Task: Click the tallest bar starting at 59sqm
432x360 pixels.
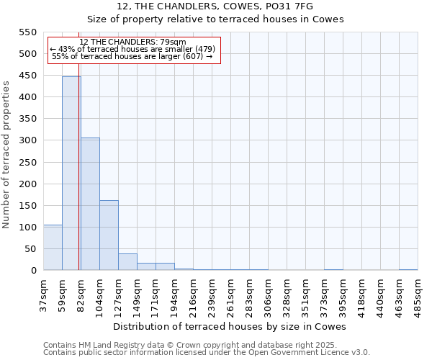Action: pyautogui.click(x=71, y=173)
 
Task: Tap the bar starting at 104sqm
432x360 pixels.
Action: pyautogui.click(x=109, y=235)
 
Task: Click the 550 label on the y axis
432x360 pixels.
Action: pyautogui.click(x=28, y=32)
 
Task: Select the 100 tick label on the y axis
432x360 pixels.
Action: pyautogui.click(x=28, y=228)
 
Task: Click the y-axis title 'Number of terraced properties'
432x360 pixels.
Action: pyautogui.click(x=7, y=154)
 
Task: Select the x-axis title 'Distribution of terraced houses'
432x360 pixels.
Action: pyautogui.click(x=230, y=326)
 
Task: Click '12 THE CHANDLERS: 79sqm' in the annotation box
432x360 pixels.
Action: pyautogui.click(x=132, y=42)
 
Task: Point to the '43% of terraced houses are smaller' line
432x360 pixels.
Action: pyautogui.click(x=132, y=49)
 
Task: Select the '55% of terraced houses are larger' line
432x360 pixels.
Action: pyautogui.click(x=132, y=56)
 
